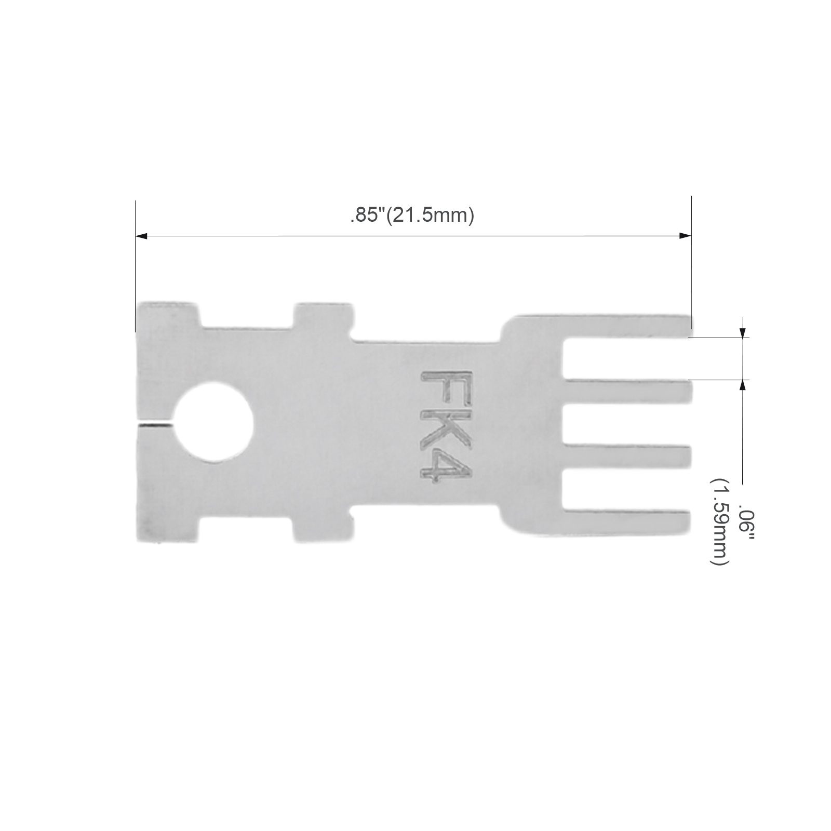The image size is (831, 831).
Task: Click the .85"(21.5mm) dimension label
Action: (412, 215)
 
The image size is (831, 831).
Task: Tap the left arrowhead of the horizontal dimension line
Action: (141, 236)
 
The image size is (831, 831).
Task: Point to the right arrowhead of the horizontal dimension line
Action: (685, 236)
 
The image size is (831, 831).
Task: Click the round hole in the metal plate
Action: (214, 423)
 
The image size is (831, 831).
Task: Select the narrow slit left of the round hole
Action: (154, 424)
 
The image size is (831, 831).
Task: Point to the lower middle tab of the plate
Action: (319, 528)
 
